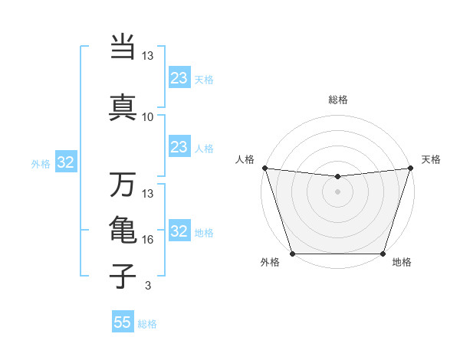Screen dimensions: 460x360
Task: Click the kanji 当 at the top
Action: click(123, 47)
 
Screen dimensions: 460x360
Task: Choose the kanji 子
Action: click(123, 275)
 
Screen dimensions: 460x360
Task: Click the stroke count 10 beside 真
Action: click(148, 117)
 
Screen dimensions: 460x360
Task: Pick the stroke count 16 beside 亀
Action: click(148, 240)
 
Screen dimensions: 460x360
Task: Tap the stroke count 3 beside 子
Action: click(148, 286)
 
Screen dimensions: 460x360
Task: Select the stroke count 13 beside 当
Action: click(148, 56)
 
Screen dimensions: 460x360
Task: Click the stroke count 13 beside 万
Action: click(148, 193)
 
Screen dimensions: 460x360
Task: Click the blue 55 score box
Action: click(123, 322)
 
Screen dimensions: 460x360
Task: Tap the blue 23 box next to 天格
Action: click(179, 78)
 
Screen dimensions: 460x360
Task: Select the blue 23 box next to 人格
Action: click(179, 147)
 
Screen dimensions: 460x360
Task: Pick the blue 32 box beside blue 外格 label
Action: click(65, 162)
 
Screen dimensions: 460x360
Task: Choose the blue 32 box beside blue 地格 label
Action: click(179, 231)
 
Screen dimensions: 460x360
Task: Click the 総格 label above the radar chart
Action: click(338, 100)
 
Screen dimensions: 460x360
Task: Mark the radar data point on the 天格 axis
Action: click(411, 168)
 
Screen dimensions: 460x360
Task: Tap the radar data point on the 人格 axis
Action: click(264, 168)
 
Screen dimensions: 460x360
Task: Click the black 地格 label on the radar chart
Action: click(402, 263)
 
